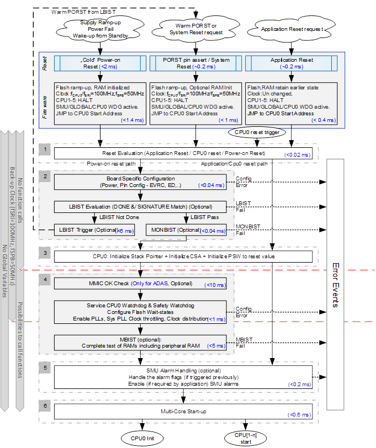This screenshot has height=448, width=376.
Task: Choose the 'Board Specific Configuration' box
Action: coord(140,182)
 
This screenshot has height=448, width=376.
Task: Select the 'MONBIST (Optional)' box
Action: coord(186,230)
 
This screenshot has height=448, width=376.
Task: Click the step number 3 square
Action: coord(46,254)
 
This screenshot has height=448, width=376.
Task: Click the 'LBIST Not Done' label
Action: coord(96,217)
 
